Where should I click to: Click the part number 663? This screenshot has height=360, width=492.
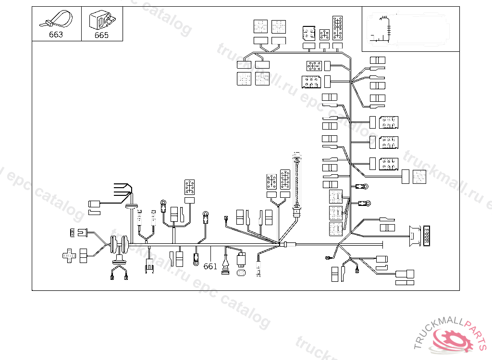click(x=56, y=35)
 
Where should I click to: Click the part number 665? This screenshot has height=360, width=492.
click(x=101, y=35)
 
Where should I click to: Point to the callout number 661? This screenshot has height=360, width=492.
click(x=210, y=266)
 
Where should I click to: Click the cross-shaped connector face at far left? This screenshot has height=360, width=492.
click(x=69, y=255)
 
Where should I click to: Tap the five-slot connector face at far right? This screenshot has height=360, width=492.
click(x=427, y=235)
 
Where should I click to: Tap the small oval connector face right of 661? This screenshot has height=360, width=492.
click(x=242, y=273)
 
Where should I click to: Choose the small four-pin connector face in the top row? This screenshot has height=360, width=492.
click(x=324, y=35)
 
